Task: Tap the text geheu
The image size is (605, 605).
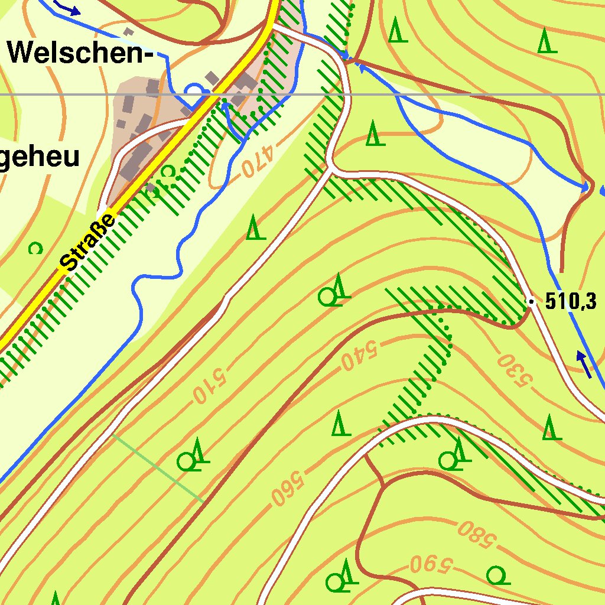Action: click(x=39, y=158)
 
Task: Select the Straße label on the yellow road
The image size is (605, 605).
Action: click(x=89, y=242)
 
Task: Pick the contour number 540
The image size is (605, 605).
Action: click(x=359, y=353)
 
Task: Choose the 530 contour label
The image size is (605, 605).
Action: click(x=512, y=370)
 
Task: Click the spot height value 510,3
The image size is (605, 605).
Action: click(x=570, y=302)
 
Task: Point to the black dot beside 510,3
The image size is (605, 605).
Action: click(x=531, y=302)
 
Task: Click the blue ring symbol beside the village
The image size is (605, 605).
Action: click(x=193, y=90)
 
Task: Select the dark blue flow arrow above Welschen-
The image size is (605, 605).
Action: click(x=68, y=8)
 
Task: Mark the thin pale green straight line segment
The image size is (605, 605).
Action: click(x=158, y=468)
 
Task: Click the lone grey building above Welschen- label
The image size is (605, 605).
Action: click(x=127, y=30)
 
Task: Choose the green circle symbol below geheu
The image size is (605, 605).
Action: click(x=35, y=248)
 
